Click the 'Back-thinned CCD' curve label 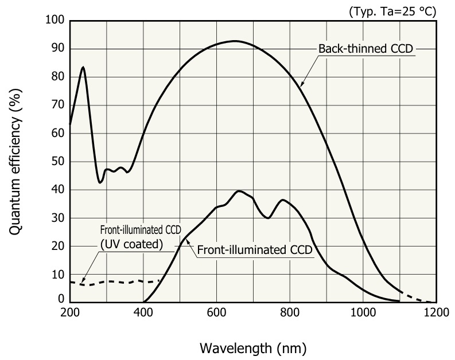coord(365,49)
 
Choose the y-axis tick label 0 coord(61,298)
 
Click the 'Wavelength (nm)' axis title coord(252,347)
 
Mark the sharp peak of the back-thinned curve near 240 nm coord(83,68)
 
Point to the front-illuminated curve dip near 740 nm coord(268,218)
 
